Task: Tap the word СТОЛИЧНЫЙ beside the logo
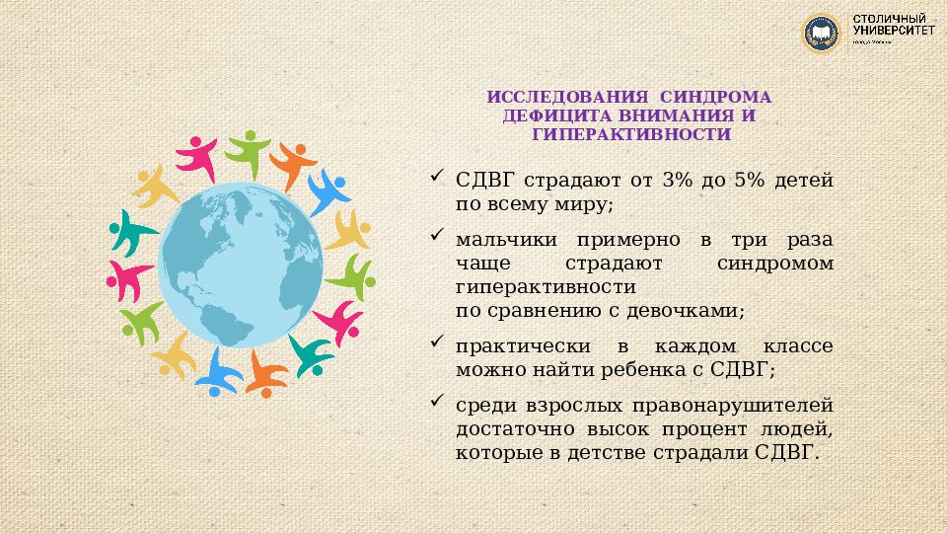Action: [x=887, y=20]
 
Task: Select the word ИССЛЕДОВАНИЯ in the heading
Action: [x=567, y=98]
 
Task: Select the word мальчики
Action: [x=506, y=241]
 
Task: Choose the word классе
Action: [x=797, y=347]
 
